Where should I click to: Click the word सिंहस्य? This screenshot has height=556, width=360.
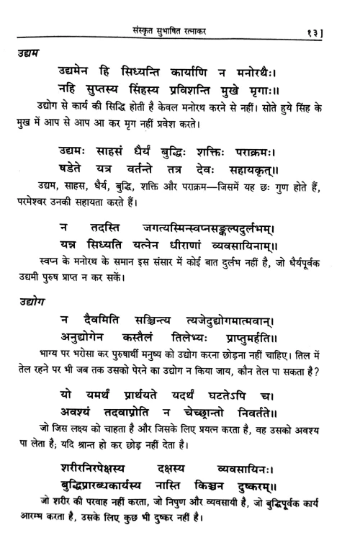coord(161,91)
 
